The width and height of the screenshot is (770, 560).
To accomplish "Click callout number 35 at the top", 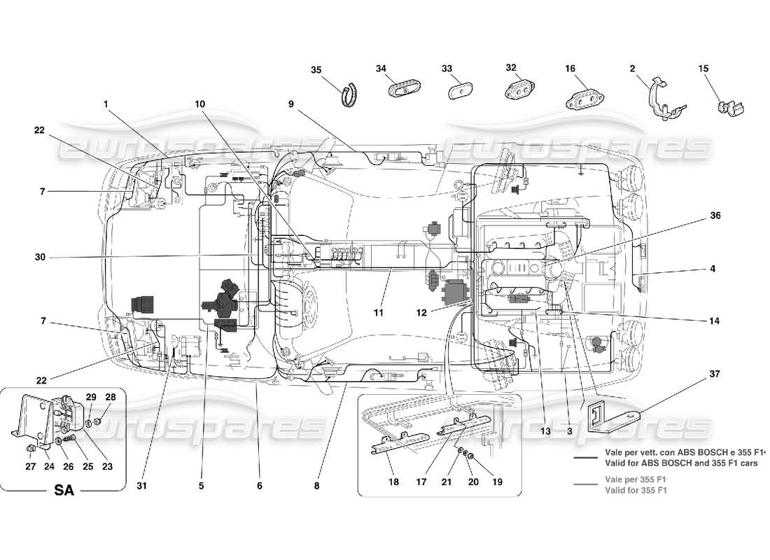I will pos(316,69).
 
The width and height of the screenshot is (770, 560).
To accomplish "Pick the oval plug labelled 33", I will pos(461,92).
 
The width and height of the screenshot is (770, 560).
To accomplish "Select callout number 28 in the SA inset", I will pos(110,398).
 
